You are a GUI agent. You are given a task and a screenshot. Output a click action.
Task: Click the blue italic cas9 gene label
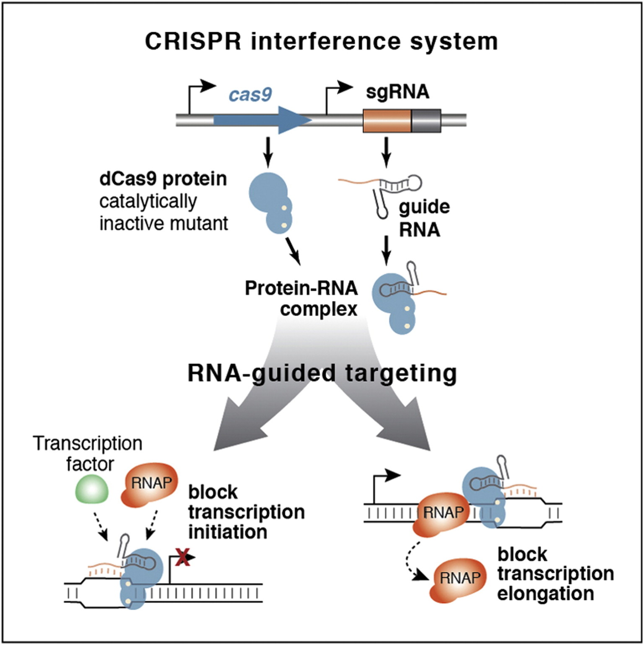[250, 94]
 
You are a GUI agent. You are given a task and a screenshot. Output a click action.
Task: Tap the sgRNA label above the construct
[397, 92]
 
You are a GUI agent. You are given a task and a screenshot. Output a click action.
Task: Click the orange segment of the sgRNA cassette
[387, 121]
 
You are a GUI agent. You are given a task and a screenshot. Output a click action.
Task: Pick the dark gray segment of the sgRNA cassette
[426, 121]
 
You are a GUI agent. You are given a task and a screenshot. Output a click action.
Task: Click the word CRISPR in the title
[193, 42]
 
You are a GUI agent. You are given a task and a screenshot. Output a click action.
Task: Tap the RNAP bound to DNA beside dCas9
[441, 513]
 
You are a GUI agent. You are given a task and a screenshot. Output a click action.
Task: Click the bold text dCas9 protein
[163, 179]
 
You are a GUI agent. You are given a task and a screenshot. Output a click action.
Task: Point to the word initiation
[227, 532]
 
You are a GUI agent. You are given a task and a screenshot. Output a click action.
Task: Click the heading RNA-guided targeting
[322, 373]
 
